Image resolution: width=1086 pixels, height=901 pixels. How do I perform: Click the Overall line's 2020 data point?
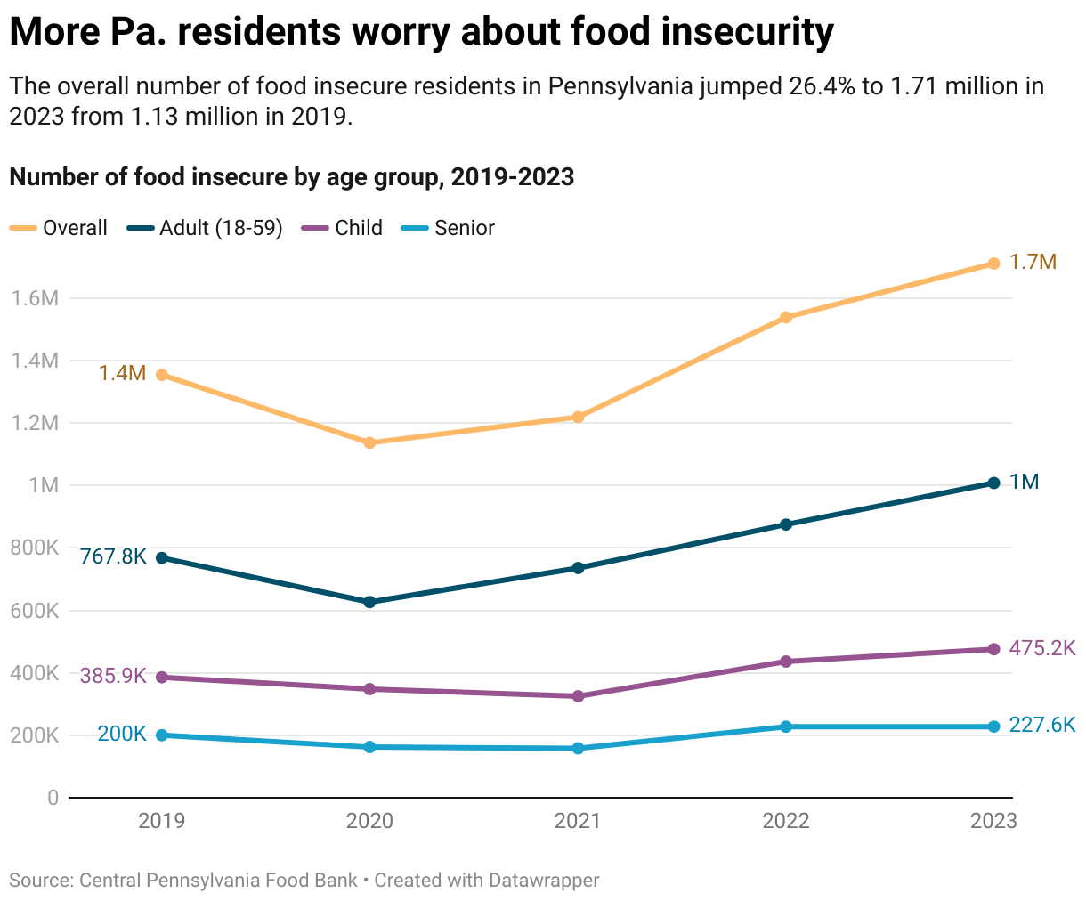370,442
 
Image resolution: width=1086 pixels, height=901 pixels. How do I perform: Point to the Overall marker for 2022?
786,317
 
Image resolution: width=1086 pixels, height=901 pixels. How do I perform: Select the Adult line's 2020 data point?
370,602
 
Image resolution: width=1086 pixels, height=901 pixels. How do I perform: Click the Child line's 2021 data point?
579,696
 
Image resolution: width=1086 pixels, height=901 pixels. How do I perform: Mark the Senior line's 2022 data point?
786,726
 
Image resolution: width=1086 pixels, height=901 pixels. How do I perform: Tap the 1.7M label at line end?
1033,262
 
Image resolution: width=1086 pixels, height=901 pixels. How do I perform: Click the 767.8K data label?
113,556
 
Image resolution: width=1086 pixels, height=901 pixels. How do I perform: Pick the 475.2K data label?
1042,648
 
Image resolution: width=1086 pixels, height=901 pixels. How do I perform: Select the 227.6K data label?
1042,726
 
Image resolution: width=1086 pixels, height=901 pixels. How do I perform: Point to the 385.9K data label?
113,676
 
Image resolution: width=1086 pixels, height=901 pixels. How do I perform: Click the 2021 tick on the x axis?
578,821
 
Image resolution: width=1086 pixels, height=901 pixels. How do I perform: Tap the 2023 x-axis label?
993,821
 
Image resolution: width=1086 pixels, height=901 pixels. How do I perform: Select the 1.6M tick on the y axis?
36,298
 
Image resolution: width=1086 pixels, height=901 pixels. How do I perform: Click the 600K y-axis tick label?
36,611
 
